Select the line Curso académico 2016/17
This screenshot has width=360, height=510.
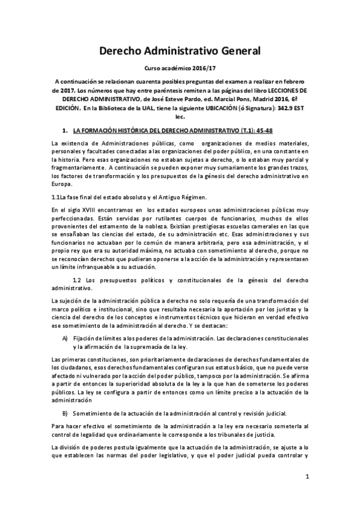coord(180,70)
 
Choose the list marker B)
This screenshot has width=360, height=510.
coord(65,413)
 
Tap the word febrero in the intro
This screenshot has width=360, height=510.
coord(295,80)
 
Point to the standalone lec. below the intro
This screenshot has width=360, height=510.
coord(180,118)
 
